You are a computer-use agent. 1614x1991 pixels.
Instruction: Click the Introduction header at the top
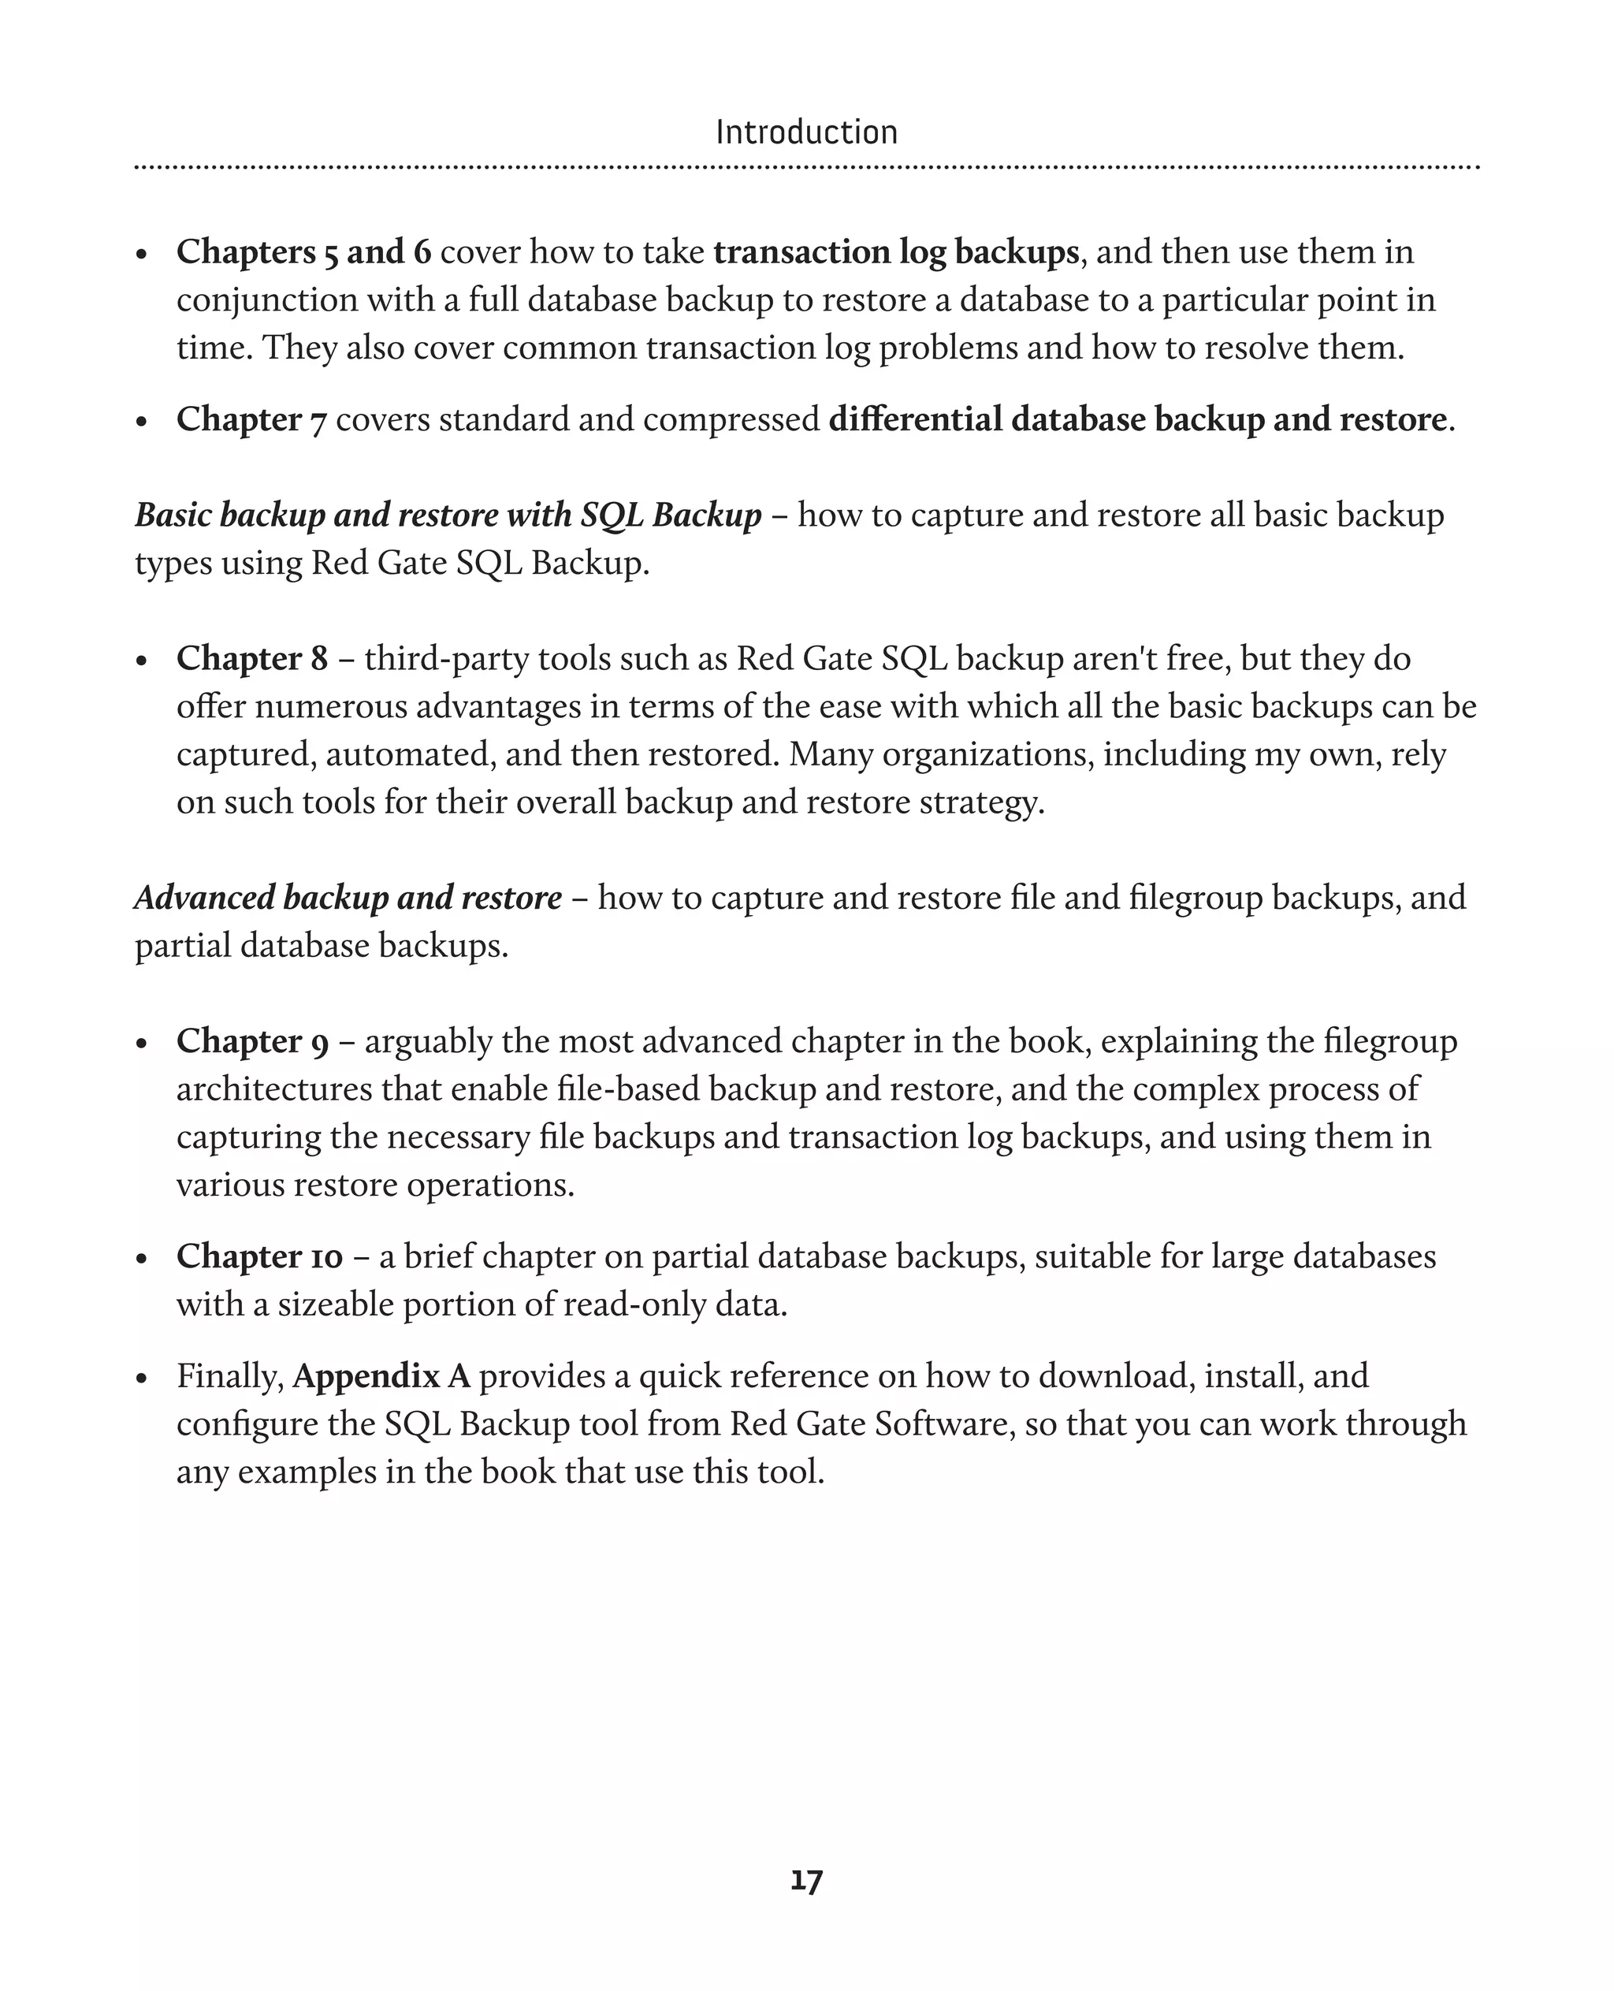coord(806,132)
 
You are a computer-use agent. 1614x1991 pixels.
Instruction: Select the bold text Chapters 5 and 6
coord(304,252)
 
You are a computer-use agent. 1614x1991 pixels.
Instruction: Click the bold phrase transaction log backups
coord(895,252)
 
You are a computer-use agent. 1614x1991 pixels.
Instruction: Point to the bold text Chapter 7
coord(251,419)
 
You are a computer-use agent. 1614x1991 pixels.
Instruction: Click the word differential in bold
coord(915,419)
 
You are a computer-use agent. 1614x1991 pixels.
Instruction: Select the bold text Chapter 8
coord(252,658)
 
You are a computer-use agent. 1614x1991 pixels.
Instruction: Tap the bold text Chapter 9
coord(252,1040)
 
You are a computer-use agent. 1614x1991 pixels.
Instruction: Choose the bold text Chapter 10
coord(259,1256)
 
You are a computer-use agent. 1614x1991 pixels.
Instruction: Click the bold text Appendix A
coord(381,1375)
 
